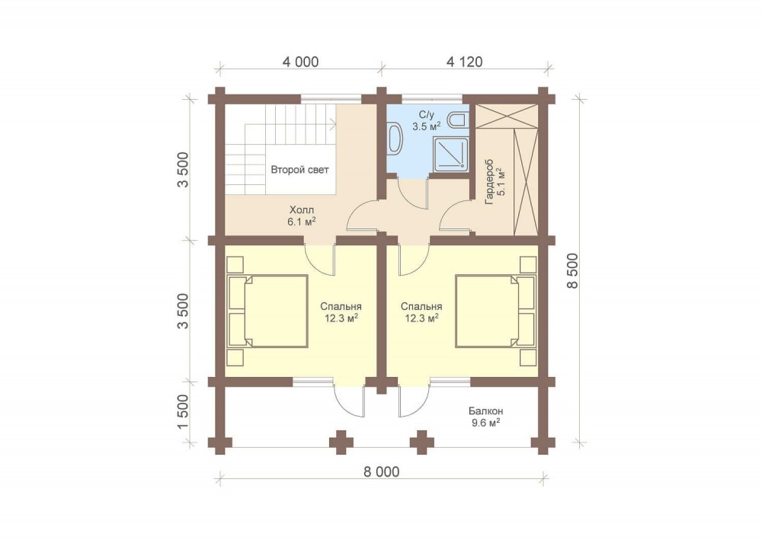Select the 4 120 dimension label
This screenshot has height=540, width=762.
[464, 62]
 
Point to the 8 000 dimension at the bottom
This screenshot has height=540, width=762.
[381, 471]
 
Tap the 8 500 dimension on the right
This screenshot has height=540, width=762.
[573, 270]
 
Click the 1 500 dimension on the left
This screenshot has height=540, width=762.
[183, 412]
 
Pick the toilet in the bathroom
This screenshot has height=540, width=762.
[457, 120]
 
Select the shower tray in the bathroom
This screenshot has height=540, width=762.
[452, 153]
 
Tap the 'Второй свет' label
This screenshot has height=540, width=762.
[299, 170]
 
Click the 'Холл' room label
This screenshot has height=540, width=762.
[302, 210]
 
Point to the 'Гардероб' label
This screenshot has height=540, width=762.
[489, 181]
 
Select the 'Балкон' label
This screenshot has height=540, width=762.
[486, 411]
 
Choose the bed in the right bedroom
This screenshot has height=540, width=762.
[496, 312]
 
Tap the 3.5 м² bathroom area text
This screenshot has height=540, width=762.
[427, 126]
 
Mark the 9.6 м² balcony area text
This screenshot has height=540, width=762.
[486, 423]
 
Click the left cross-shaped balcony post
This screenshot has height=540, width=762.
[341, 443]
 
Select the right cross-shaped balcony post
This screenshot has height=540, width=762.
[422, 443]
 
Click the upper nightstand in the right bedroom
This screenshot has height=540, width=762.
[528, 264]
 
